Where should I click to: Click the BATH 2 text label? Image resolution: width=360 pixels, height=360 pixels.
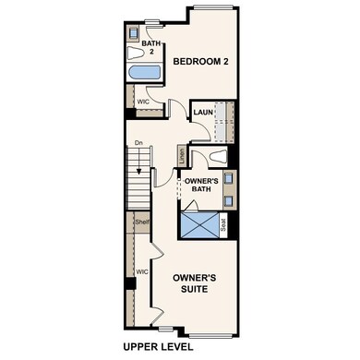(150, 48)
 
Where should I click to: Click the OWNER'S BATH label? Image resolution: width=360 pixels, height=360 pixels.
(200, 186)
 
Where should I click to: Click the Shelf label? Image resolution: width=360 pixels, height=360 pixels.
(141, 222)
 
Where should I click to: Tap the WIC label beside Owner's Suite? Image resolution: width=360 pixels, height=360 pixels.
(142, 272)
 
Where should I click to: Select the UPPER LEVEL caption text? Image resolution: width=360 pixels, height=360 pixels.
(158, 347)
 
